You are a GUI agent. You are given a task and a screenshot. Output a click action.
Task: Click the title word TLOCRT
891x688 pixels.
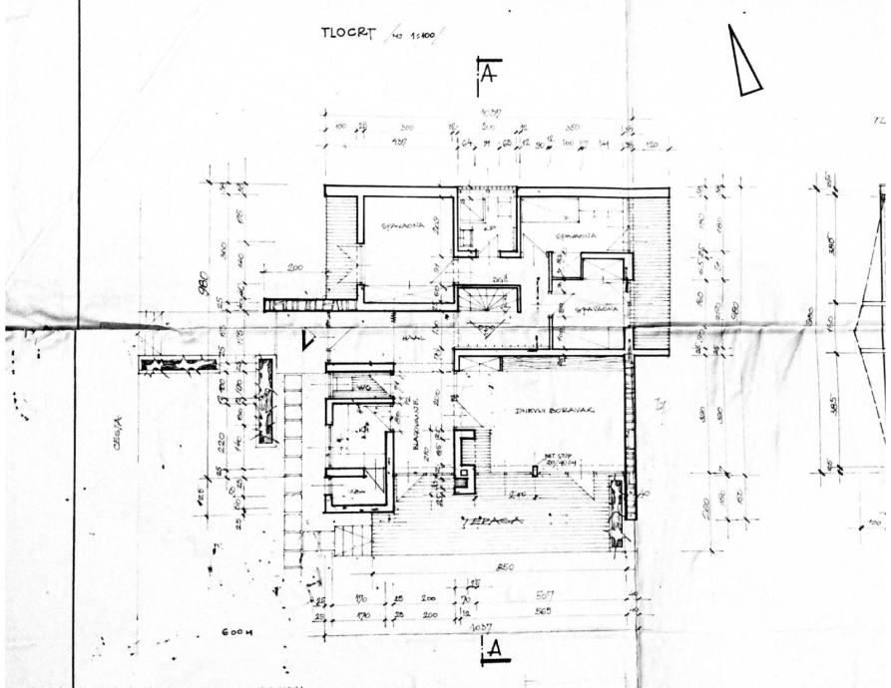[x=346, y=32]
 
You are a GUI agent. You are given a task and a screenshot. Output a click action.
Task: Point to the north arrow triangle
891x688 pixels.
[x=743, y=62]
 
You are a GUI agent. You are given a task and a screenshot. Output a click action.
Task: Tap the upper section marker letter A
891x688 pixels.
[x=489, y=74]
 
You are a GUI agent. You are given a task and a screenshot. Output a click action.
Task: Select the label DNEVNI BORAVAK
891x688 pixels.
[x=548, y=410]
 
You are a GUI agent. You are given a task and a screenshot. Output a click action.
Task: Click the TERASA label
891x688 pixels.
[x=479, y=520]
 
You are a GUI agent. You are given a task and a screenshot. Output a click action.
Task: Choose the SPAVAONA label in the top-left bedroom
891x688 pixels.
[x=403, y=225]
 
